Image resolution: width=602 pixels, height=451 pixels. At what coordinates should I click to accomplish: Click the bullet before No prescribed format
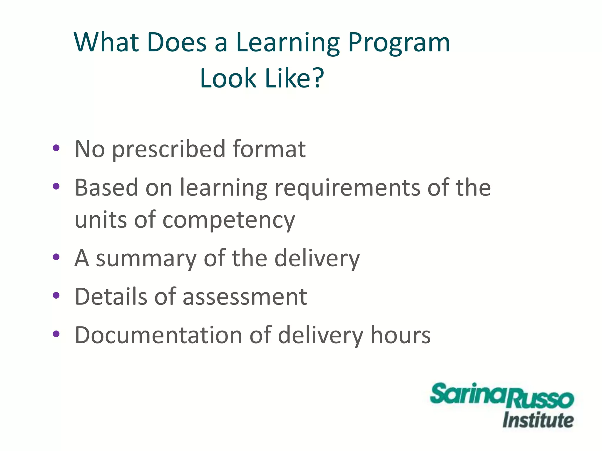56,148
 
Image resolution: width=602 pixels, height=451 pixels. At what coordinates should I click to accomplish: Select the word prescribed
169,149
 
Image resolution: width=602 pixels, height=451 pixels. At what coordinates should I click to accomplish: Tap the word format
269,149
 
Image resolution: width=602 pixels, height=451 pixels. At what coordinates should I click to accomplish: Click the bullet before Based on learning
56,186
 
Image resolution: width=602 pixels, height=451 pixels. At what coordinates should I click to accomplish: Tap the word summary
146,258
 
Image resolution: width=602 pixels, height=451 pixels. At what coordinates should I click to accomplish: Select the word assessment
245,297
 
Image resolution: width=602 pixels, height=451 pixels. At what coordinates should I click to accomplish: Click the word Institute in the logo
538,420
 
